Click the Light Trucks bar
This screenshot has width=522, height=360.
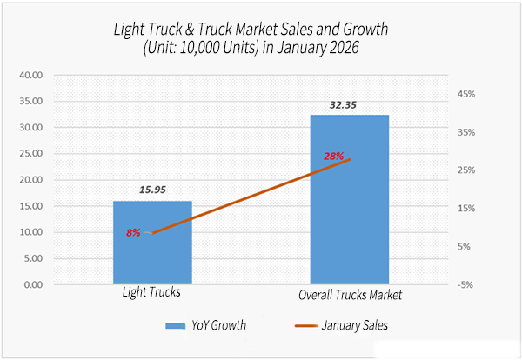[x=152, y=252]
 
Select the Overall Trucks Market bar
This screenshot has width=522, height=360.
[x=350, y=217]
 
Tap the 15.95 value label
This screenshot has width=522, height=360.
[x=152, y=189]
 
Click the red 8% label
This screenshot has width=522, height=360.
[x=133, y=233]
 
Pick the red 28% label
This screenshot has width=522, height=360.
[x=334, y=157]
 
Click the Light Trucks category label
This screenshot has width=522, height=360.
[x=151, y=293]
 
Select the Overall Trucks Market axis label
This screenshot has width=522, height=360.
[x=350, y=295]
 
